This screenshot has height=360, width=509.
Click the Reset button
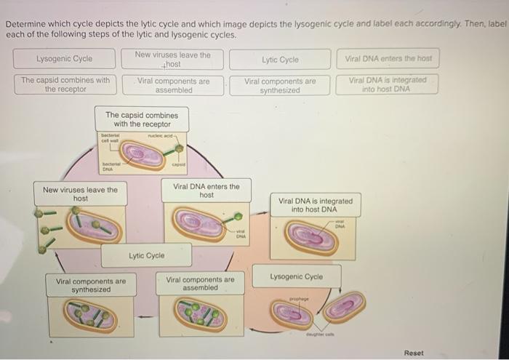(413, 353)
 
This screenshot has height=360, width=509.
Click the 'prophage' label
(299, 298)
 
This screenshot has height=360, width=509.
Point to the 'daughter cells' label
(318, 334)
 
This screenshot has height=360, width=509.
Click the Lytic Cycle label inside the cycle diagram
(146, 256)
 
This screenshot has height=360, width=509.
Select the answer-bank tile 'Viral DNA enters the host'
(388, 58)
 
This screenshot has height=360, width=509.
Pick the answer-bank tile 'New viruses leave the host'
(172, 59)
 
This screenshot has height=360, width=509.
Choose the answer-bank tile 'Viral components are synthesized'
(280, 86)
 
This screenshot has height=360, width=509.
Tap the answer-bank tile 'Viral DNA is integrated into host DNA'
(388, 84)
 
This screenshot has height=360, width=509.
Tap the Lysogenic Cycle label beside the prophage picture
(296, 277)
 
